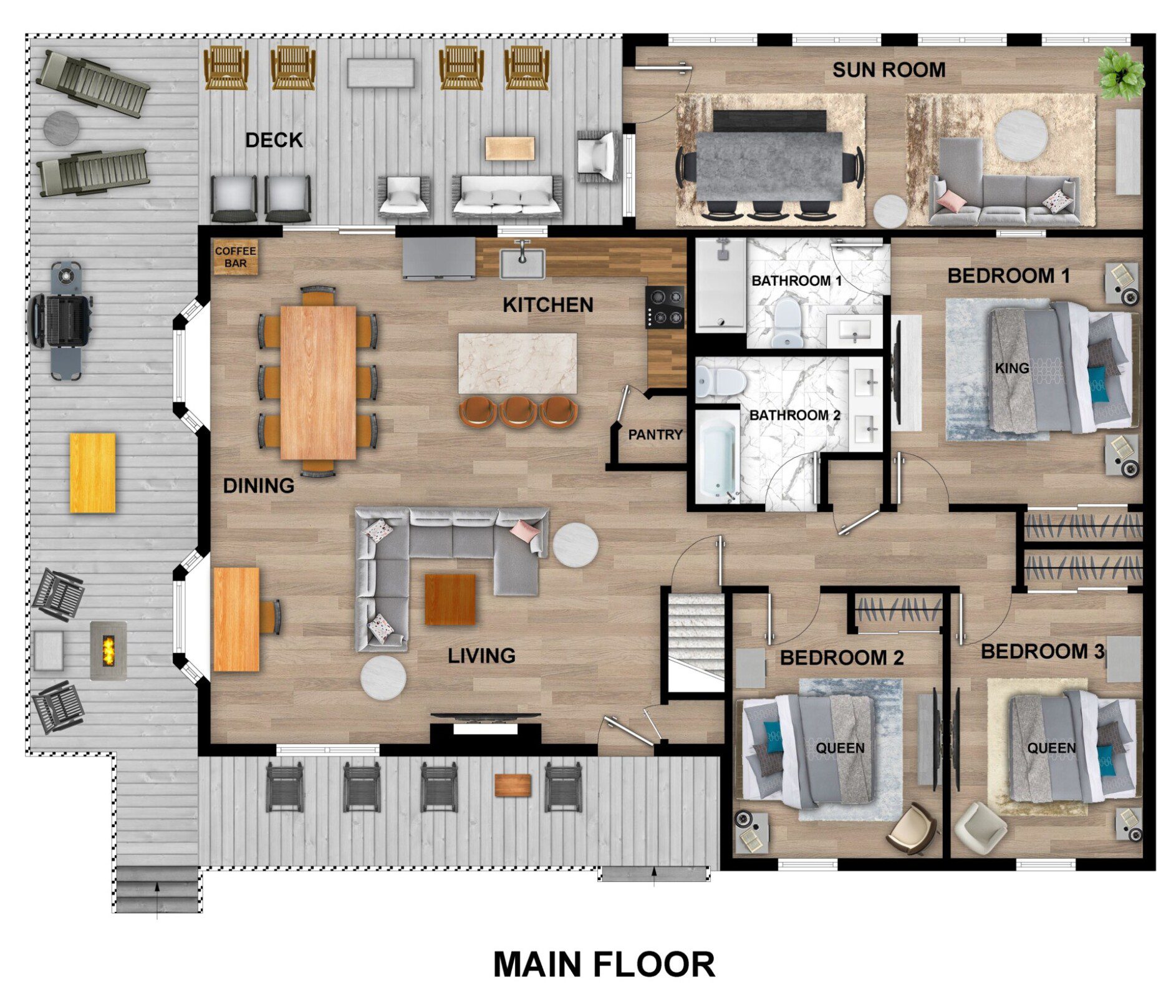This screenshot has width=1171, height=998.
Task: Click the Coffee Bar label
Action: [x=235, y=257]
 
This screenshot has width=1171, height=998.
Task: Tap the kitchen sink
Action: [x=522, y=263]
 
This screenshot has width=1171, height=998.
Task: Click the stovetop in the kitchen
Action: [x=665, y=307]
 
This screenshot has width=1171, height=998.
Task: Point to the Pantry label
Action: [x=655, y=435]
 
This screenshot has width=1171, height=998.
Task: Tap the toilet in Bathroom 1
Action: [x=788, y=322]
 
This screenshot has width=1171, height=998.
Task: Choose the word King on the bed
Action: [x=1011, y=368]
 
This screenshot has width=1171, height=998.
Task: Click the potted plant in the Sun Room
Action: [x=1120, y=75]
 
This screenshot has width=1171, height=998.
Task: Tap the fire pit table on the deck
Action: [x=108, y=650]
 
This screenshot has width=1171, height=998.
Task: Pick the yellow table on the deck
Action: [x=92, y=473]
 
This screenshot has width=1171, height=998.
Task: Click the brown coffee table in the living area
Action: [x=450, y=599]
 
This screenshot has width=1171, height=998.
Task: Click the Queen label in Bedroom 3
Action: [x=1051, y=747]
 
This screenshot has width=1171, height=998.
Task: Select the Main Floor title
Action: [x=604, y=964]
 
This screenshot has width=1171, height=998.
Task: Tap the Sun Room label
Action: [x=889, y=70]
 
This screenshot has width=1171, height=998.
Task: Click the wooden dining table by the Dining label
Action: [x=318, y=382]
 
